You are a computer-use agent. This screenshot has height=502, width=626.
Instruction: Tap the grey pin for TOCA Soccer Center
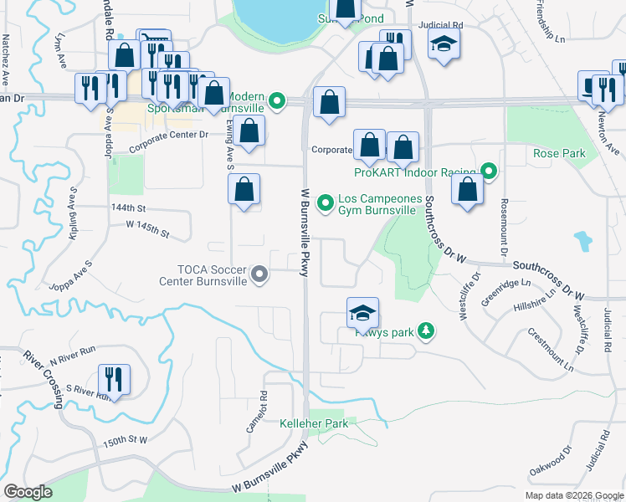260,274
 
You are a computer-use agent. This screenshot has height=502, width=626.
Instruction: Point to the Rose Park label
559,153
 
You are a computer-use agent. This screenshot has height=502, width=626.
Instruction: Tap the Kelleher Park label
314,424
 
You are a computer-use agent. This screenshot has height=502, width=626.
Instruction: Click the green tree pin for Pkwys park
427,331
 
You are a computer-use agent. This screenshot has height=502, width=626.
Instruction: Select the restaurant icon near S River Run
114,379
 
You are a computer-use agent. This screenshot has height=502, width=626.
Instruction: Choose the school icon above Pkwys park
362,313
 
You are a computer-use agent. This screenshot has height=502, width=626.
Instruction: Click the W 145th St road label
147,225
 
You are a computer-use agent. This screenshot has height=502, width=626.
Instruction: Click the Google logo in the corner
27,492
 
